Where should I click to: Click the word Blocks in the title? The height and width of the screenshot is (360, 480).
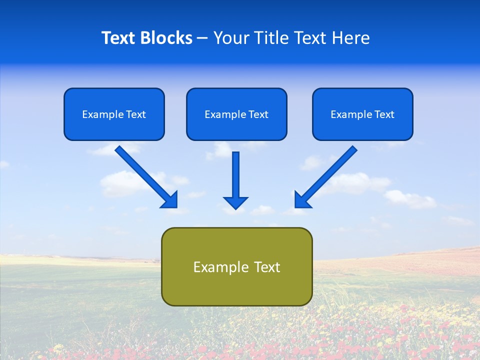click(168, 38)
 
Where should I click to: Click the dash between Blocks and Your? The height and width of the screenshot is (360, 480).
click(202, 38)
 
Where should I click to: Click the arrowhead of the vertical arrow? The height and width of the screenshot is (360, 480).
click(236, 203)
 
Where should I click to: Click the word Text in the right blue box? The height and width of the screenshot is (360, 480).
click(384, 114)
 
